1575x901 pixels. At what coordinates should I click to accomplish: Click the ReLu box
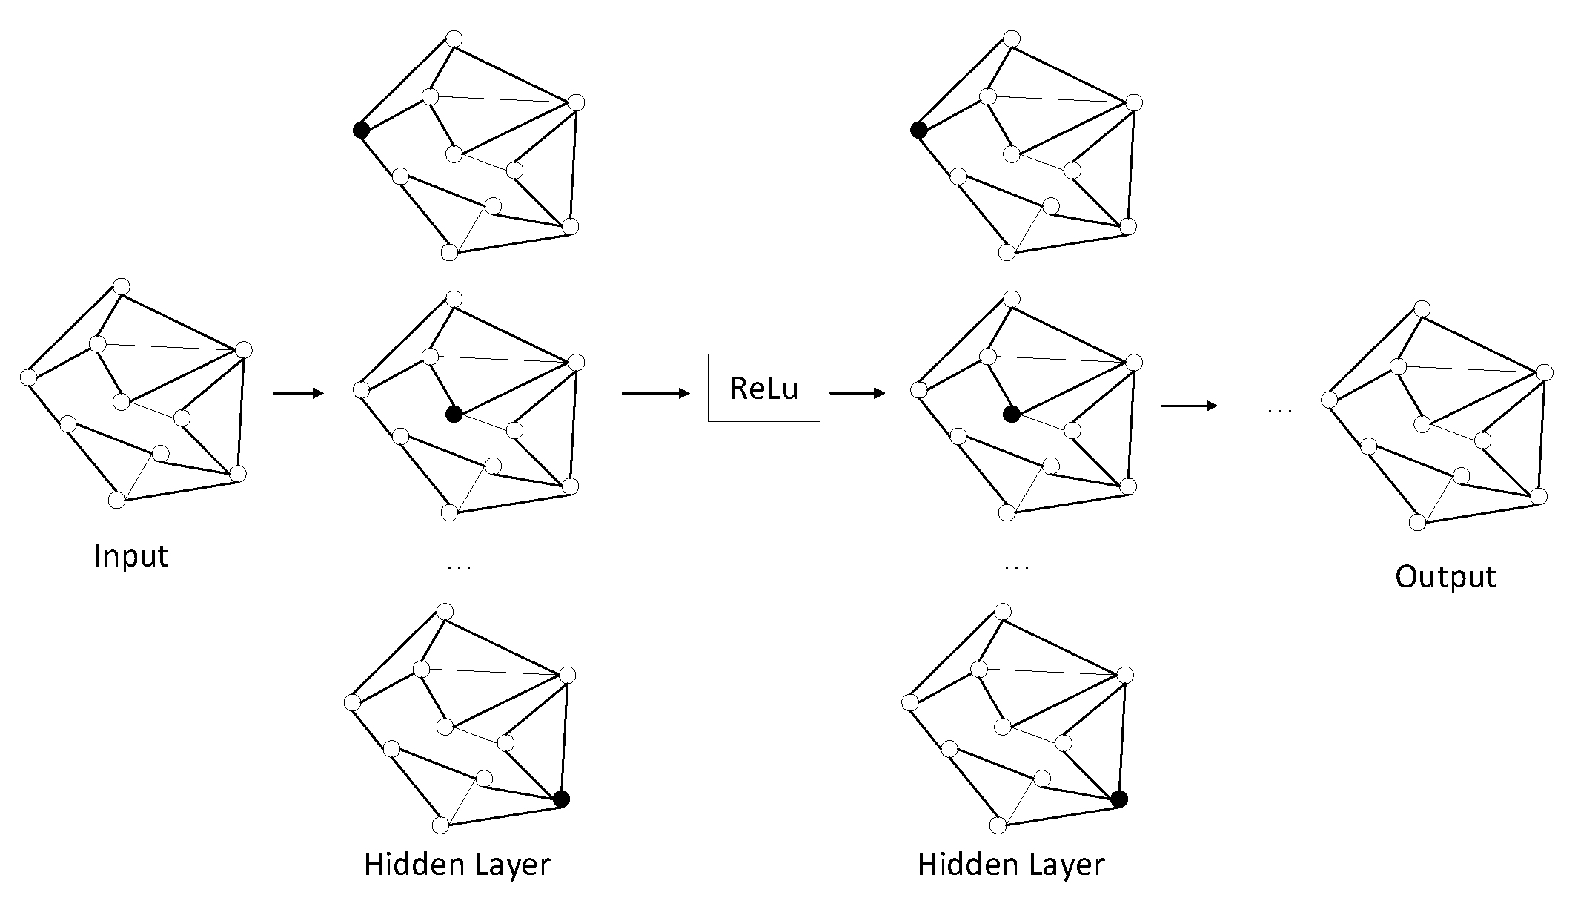(x=763, y=388)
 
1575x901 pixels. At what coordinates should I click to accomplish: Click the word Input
(x=131, y=556)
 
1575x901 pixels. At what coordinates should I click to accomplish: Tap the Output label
(x=1445, y=577)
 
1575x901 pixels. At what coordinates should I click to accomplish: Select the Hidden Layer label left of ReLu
(x=457, y=865)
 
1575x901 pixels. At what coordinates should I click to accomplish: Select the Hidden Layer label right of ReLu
(x=1011, y=865)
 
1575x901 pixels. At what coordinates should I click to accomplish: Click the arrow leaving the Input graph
(x=299, y=393)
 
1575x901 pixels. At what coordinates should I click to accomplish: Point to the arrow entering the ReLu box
(x=655, y=393)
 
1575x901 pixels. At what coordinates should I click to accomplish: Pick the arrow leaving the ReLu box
(x=857, y=393)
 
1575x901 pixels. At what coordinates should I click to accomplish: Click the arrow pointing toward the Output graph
(x=1188, y=406)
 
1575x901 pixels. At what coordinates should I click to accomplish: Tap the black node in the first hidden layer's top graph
(x=361, y=130)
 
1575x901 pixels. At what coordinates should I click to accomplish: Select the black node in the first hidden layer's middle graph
(x=454, y=415)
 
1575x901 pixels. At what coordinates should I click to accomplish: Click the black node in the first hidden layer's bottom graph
(x=562, y=799)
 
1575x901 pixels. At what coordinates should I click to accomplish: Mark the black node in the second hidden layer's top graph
(x=918, y=130)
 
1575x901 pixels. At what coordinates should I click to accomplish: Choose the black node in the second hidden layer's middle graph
(x=1012, y=415)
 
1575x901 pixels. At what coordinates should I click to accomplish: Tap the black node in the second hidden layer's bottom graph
(x=1119, y=799)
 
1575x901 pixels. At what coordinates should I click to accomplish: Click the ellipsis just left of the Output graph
(x=1280, y=410)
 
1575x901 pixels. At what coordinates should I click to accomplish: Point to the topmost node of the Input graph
(x=122, y=286)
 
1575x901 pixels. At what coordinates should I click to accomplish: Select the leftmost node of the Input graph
(x=28, y=377)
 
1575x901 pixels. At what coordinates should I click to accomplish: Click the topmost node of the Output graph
(x=1422, y=308)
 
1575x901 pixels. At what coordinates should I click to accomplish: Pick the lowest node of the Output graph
(x=1417, y=523)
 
